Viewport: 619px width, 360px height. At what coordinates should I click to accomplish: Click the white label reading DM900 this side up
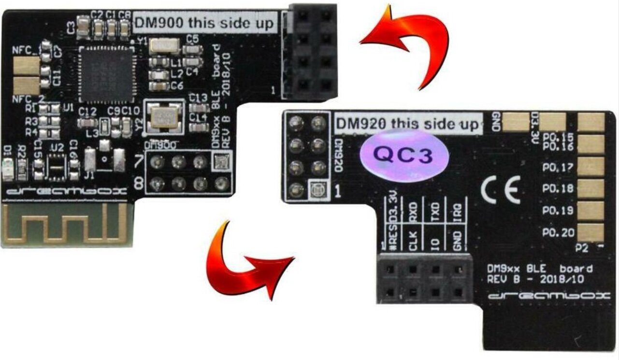pos(205,23)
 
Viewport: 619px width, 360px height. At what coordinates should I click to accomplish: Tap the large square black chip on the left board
pos(107,74)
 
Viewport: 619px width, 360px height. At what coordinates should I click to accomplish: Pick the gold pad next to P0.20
pos(590,232)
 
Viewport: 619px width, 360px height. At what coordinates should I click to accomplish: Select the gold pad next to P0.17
pos(590,167)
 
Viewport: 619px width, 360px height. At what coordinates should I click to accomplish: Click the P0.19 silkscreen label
pos(558,211)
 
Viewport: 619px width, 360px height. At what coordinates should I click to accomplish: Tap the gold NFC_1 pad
pos(27,66)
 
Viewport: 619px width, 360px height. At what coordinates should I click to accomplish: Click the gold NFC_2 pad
pos(27,86)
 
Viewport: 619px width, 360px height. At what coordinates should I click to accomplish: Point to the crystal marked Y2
pos(166,117)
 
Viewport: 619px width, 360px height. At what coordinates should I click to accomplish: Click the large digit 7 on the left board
pos(139,160)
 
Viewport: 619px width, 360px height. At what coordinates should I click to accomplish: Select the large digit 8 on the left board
pos(139,184)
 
